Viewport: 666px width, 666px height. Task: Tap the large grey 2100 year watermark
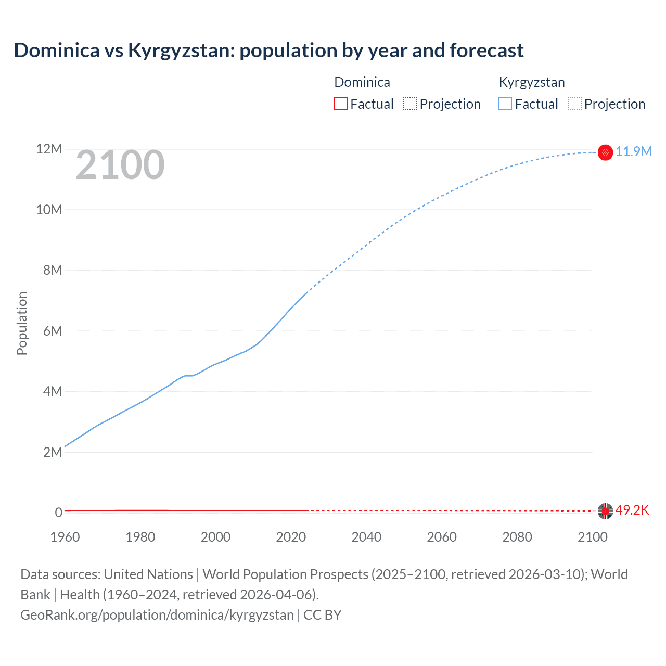tap(120, 165)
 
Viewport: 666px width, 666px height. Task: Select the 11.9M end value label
tap(633, 151)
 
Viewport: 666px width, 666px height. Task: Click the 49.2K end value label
tap(632, 510)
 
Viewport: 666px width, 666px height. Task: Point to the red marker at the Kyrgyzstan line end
tap(605, 152)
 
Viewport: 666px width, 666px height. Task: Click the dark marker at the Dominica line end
tap(605, 511)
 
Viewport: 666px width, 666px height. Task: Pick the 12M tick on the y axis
tap(49, 149)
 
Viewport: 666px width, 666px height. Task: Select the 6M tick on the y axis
tap(53, 331)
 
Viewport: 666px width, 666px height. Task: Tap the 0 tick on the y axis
tap(58, 513)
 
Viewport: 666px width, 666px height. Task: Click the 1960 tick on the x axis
tap(65, 537)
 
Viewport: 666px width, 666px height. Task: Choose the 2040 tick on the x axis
tap(366, 537)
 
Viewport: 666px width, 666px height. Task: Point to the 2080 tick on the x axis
tap(517, 537)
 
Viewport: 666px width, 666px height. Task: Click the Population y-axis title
tap(22, 323)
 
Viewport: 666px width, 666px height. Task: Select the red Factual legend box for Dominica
tap(340, 104)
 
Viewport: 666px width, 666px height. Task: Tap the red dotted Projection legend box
tap(410, 104)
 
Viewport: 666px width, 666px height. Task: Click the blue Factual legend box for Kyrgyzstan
tap(505, 104)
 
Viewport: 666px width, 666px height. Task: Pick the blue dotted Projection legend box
tap(574, 104)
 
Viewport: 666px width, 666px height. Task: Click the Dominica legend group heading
tap(362, 82)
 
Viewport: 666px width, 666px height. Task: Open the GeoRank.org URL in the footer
tap(157, 615)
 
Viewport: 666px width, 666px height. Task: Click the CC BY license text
tap(323, 615)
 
